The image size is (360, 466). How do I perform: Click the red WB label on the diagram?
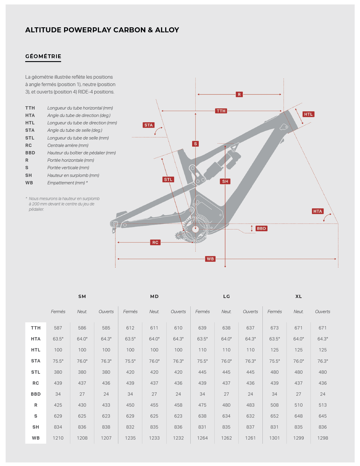[x=210, y=259]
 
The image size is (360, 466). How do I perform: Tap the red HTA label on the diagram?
[x=318, y=211]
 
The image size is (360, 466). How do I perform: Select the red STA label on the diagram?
[x=149, y=125]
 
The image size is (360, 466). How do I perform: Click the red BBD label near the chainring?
[x=261, y=228]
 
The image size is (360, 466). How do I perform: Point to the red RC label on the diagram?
[x=155, y=242]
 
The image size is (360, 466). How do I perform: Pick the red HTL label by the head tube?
[x=308, y=114]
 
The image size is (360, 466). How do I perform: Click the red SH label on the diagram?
[x=225, y=181]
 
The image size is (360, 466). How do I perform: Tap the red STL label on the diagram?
[x=168, y=179]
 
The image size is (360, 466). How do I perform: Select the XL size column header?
[x=299, y=297]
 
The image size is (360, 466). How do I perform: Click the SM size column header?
[x=82, y=297]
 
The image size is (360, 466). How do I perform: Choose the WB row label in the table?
[x=36, y=438]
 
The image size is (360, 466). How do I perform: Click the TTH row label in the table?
[x=36, y=328]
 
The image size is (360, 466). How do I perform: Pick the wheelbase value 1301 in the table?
[x=275, y=438]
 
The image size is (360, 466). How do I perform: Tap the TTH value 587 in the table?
[x=58, y=328]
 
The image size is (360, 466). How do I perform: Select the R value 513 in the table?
[x=323, y=405]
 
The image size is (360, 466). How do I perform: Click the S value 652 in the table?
[x=275, y=416]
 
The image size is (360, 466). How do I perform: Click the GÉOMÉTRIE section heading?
[x=43, y=56]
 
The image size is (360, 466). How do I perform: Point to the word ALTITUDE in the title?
[x=44, y=30]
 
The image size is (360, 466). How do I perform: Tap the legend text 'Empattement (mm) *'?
[x=68, y=183]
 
